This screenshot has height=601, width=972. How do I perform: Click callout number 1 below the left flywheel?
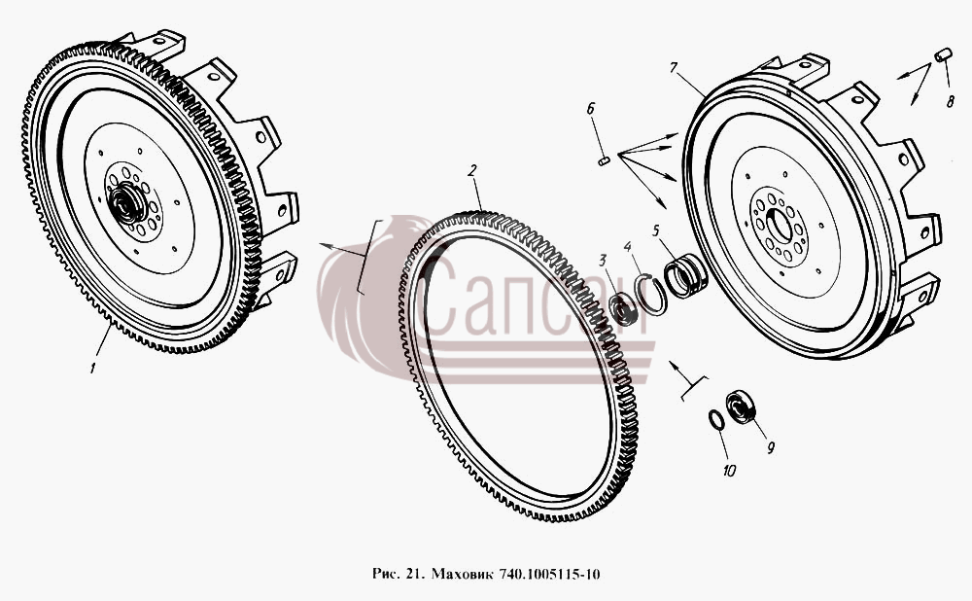tap(93, 368)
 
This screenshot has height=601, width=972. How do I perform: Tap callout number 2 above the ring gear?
tap(471, 170)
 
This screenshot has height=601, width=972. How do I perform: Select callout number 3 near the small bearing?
tap(602, 261)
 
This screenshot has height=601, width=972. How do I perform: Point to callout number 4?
tap(628, 247)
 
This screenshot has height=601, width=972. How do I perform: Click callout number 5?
tap(656, 231)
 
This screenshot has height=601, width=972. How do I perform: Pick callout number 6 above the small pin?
tap(590, 109)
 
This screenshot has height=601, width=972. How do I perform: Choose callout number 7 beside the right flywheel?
tap(675, 67)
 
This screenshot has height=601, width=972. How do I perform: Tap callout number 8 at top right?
tap(951, 101)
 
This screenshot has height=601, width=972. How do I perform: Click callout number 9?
tap(771, 447)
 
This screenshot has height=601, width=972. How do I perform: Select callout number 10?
tap(729, 471)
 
